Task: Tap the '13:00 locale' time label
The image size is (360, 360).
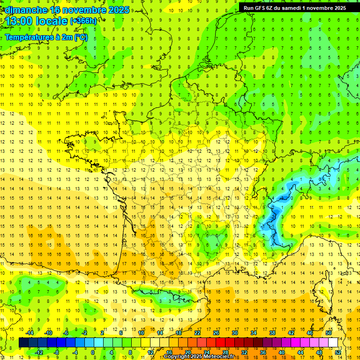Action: click(37, 21)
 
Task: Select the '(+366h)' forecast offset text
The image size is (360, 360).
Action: click(84, 21)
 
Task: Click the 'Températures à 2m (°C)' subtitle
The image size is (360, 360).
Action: click(46, 37)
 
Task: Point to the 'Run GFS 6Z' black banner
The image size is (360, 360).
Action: click(295, 7)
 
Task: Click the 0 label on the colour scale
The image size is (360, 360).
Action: click(93, 352)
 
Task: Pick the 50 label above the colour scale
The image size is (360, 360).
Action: click(328, 333)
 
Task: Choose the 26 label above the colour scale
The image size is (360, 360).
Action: click(216, 333)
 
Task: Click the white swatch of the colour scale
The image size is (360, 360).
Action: click(333, 343)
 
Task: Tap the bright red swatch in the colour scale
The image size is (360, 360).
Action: click(221, 343)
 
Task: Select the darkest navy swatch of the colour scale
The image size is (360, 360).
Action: click(23, 343)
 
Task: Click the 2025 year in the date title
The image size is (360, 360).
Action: click(119, 10)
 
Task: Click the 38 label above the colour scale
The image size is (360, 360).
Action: click(272, 333)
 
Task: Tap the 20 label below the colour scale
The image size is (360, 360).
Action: click(188, 352)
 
